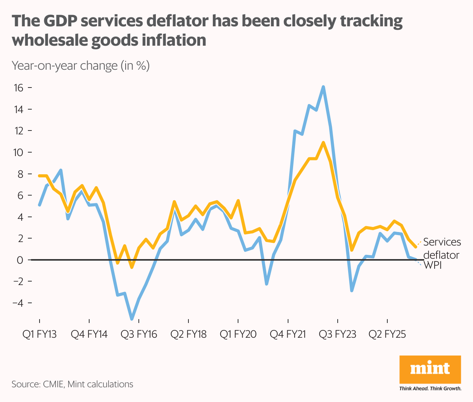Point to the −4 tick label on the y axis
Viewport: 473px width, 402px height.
click(x=17, y=303)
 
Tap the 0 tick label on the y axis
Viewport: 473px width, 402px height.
click(x=20, y=260)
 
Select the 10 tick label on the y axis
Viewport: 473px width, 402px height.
click(x=18, y=152)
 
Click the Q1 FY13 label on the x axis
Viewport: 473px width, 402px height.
click(x=40, y=334)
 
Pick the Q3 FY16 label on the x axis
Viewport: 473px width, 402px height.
click(x=139, y=334)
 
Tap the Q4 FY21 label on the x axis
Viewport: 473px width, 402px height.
click(x=288, y=334)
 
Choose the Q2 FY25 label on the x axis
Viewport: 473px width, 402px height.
click(x=387, y=334)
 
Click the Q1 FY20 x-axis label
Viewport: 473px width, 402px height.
click(x=238, y=334)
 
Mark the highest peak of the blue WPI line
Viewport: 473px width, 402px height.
click(x=323, y=87)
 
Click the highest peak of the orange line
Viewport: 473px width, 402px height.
click(x=323, y=143)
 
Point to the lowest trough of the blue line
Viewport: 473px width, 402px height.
click(x=132, y=319)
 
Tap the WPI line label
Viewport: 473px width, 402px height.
click(x=433, y=265)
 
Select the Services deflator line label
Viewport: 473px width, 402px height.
click(x=442, y=248)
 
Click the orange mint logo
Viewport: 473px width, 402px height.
click(x=430, y=369)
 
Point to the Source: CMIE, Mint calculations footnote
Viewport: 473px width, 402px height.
click(x=73, y=384)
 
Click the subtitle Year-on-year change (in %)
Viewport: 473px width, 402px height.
click(x=81, y=65)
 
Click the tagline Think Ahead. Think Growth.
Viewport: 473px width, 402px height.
click(x=430, y=388)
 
